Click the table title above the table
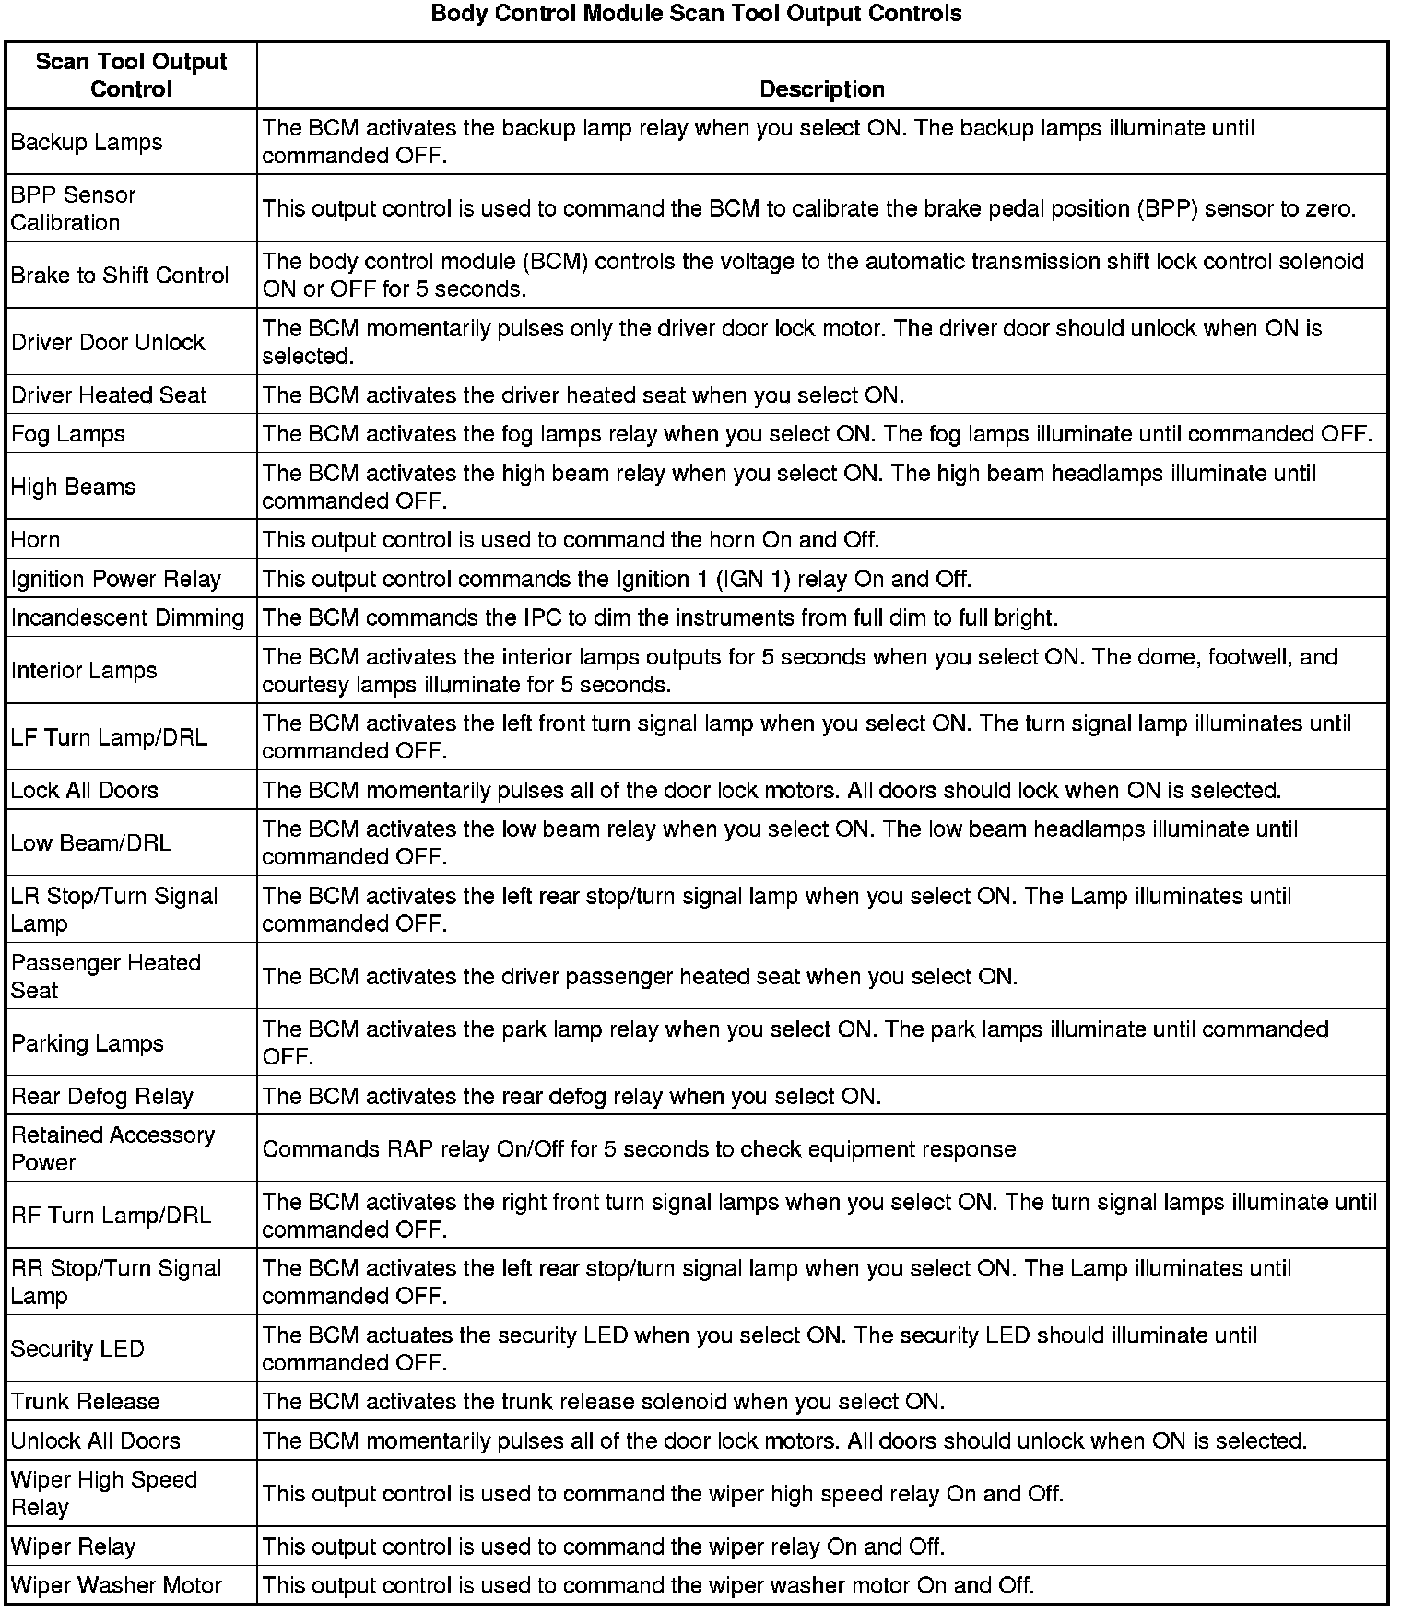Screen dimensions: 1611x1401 [x=696, y=14]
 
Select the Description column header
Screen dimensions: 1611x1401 [x=821, y=88]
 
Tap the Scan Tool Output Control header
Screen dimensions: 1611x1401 [x=131, y=76]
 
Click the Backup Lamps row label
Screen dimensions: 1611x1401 [x=87, y=142]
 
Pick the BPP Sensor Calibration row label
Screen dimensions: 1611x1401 [x=73, y=208]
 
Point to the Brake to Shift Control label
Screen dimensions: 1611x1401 [x=120, y=276]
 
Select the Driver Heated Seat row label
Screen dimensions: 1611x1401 [x=109, y=395]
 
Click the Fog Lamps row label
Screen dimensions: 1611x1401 [x=68, y=434]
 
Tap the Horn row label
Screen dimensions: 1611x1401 [x=36, y=540]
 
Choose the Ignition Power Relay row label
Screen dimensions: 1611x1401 [x=116, y=579]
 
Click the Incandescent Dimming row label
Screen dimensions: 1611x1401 [x=128, y=617]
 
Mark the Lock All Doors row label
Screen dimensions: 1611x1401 [x=85, y=791]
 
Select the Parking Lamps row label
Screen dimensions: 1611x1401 [x=88, y=1043]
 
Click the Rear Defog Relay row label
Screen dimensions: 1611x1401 [x=102, y=1097]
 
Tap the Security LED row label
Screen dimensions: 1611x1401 [x=78, y=1349]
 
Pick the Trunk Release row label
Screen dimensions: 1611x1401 [x=86, y=1402]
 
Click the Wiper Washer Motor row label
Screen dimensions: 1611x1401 [x=117, y=1586]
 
